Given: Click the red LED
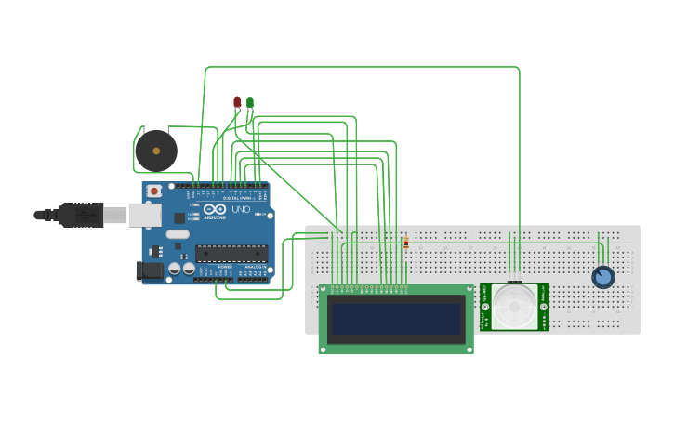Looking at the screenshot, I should [x=237, y=101].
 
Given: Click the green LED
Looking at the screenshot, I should [x=250, y=101].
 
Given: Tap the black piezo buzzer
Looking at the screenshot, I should [x=155, y=151].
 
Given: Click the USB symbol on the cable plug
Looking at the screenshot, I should [x=84, y=215].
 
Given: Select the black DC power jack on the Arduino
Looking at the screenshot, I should [x=149, y=270].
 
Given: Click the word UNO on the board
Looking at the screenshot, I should [x=241, y=209].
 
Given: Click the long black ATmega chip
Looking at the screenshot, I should [x=231, y=253].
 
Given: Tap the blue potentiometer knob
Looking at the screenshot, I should [x=603, y=277].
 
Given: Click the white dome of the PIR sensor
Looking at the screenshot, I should [x=514, y=306].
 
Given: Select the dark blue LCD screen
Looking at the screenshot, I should [x=396, y=319].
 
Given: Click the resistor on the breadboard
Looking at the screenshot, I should [x=406, y=243].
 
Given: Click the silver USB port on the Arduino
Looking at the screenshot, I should [x=144, y=215].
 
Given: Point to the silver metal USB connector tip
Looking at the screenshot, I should [x=114, y=215].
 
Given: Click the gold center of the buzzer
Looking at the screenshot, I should [x=156, y=151].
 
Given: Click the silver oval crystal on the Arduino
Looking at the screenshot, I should [x=178, y=233].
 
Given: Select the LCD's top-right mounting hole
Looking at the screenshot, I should [x=469, y=289].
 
